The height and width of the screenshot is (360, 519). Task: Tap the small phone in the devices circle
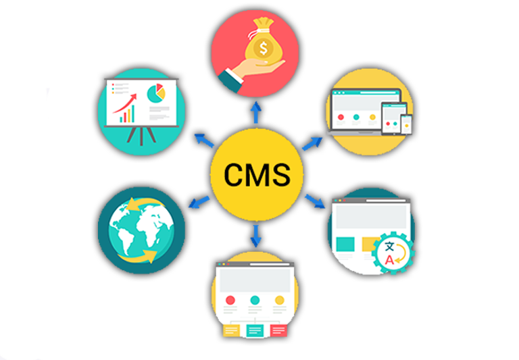pos(406,124)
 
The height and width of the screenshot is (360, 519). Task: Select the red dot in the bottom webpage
pos(230,300)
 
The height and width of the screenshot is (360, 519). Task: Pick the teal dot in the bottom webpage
pos(255,300)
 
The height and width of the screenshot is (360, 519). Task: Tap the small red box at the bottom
pos(278,330)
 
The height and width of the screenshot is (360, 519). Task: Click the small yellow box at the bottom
pos(230,330)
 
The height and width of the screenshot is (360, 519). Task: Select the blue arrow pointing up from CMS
pos(256,110)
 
